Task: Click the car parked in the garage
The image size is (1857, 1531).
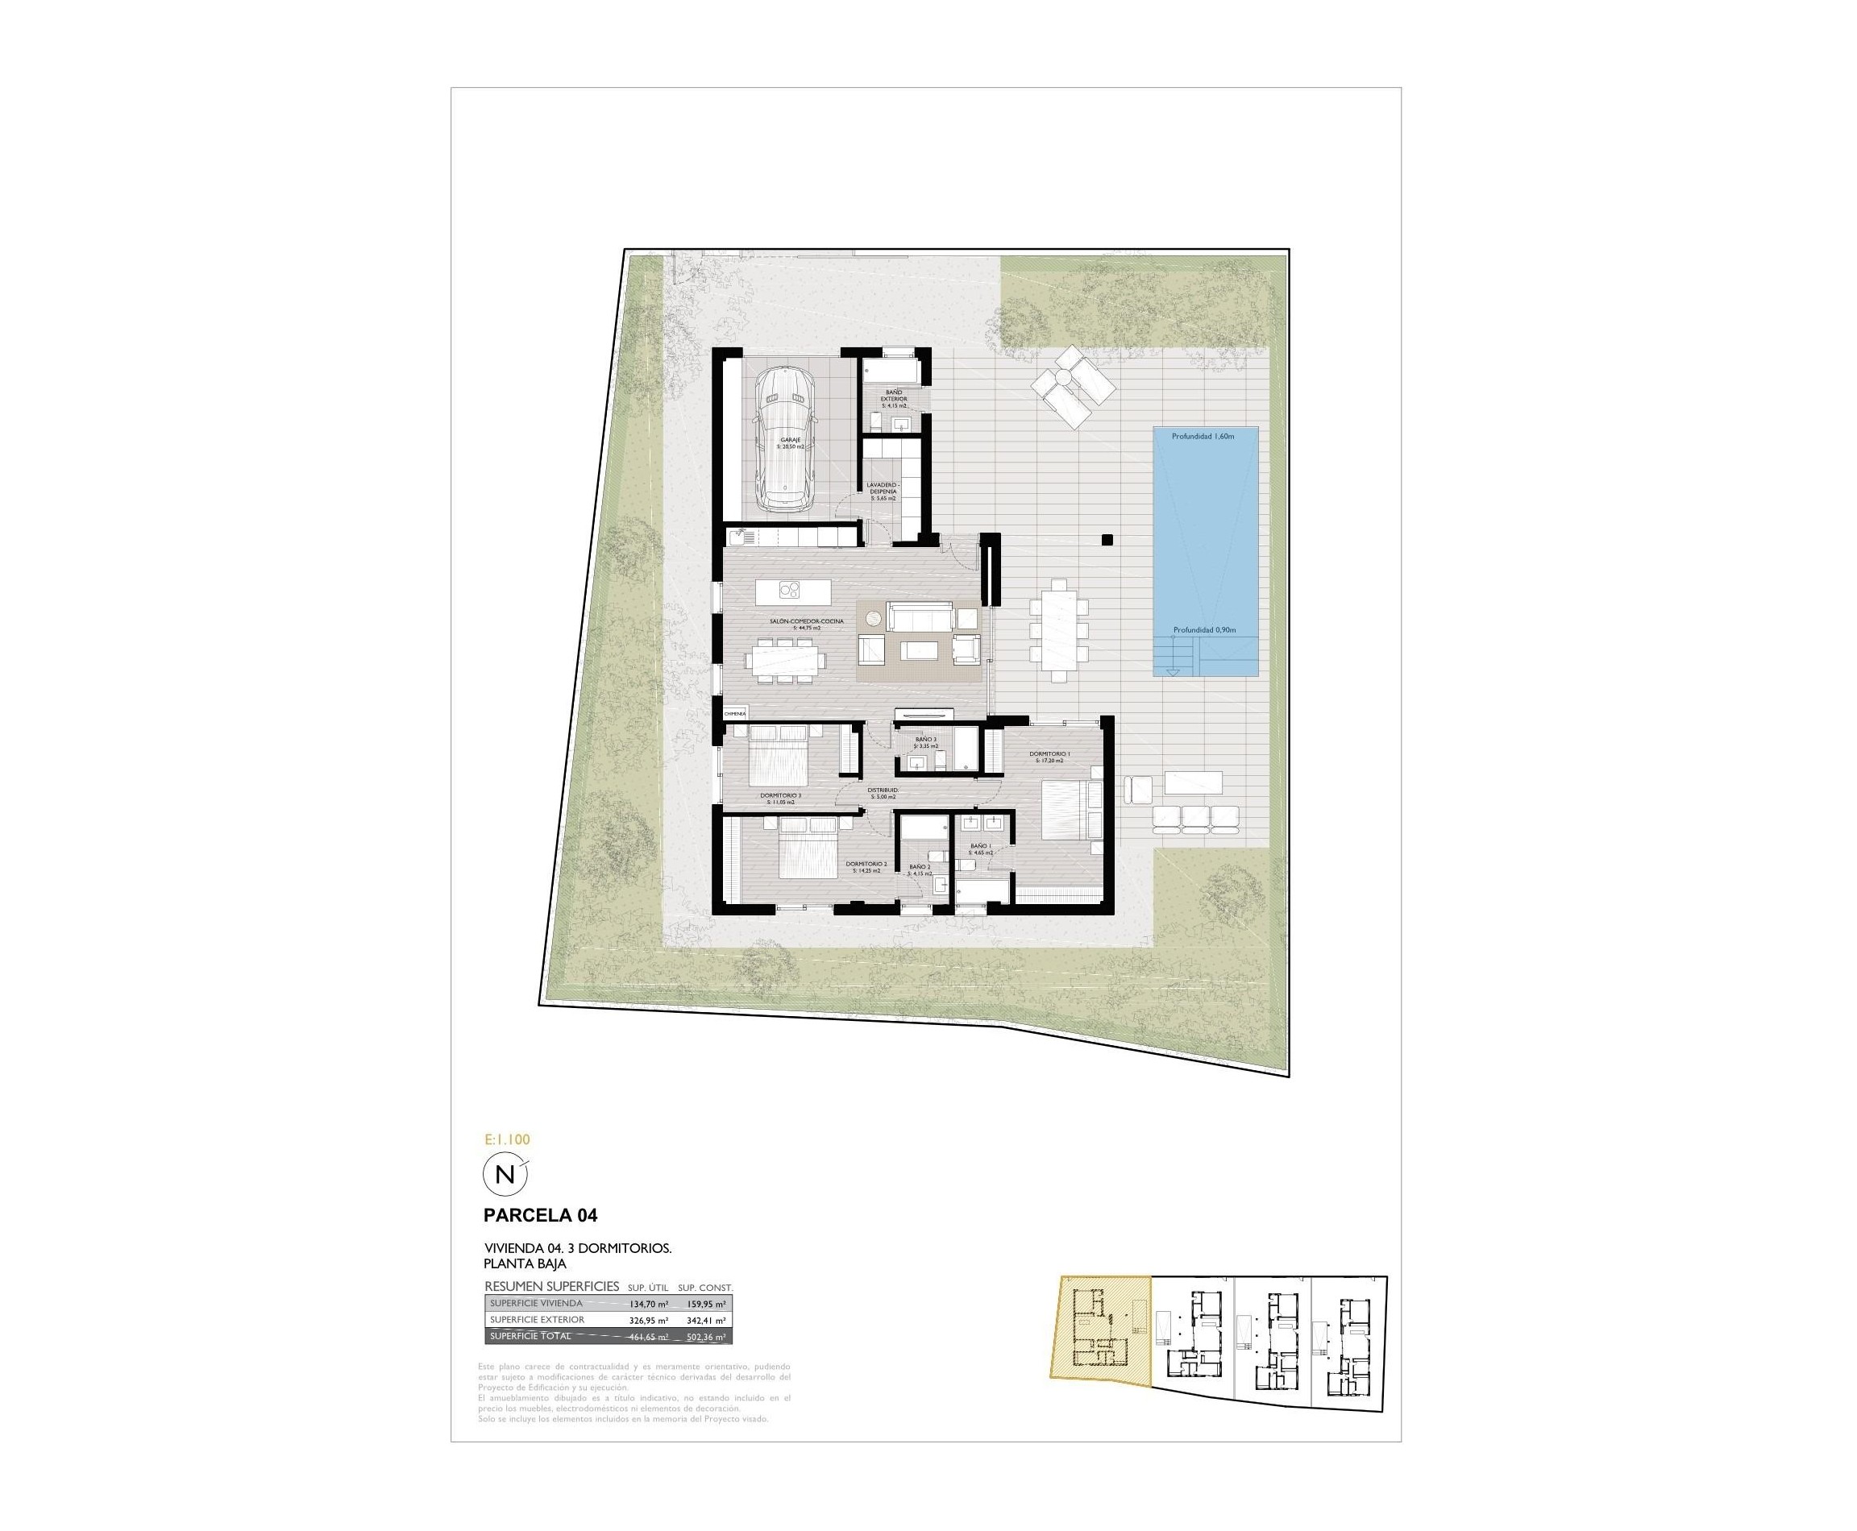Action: click(x=783, y=438)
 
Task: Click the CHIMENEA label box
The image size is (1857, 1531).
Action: click(x=735, y=712)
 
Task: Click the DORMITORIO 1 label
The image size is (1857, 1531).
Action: click(x=1049, y=755)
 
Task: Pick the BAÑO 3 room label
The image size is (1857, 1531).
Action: click(x=925, y=741)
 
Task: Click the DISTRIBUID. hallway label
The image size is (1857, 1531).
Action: click(x=883, y=792)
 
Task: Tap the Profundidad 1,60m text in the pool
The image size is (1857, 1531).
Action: click(x=1202, y=437)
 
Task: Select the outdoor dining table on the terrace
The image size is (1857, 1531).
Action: click(x=1057, y=629)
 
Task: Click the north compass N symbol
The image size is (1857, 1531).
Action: click(x=505, y=1175)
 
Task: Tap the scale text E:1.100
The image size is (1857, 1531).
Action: click(x=507, y=1139)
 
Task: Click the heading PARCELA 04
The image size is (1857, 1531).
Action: click(x=540, y=1215)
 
